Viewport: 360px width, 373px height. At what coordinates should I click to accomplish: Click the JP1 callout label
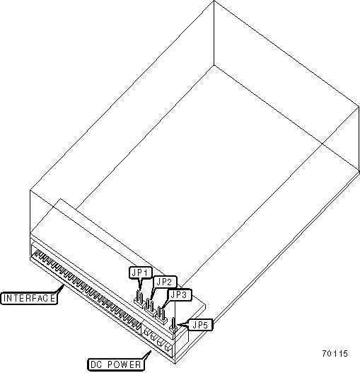tap(141, 272)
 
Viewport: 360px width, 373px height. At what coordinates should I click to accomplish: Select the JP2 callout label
tap(165, 282)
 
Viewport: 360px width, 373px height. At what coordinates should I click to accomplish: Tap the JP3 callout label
tap(180, 295)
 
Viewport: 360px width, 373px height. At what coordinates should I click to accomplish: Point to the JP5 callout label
tap(200, 325)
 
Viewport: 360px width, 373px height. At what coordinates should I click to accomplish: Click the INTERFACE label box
tap(29, 298)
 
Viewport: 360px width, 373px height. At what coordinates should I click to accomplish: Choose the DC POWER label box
tap(116, 365)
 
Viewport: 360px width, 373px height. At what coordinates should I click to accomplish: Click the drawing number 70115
tap(335, 353)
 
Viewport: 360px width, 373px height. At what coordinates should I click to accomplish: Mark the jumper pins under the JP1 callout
tap(139, 299)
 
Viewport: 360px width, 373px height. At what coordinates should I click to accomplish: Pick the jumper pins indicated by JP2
tap(150, 307)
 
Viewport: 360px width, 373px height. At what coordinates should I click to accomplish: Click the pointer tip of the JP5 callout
tap(177, 324)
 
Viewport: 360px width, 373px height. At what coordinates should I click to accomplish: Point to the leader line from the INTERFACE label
tap(60, 289)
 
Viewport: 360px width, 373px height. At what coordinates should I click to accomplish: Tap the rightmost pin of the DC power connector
tap(168, 348)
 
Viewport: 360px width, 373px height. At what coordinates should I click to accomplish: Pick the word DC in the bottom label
tap(96, 365)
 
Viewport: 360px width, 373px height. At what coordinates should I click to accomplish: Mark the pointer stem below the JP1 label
tap(140, 284)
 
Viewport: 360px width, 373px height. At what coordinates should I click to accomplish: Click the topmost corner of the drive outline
tap(214, 1)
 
